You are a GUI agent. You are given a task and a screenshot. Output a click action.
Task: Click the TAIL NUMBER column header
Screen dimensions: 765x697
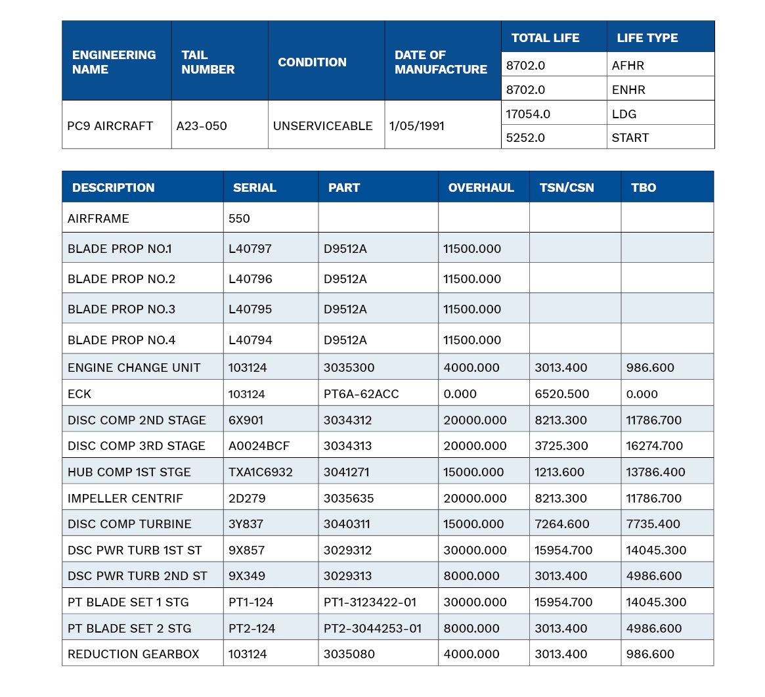pyautogui.click(x=208, y=62)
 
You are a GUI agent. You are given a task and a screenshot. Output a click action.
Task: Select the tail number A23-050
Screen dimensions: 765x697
pyautogui.click(x=202, y=126)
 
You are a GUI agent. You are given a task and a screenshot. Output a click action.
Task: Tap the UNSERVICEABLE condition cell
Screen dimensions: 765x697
pyautogui.click(x=323, y=126)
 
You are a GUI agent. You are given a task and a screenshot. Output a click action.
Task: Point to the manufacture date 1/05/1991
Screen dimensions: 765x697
pyautogui.click(x=417, y=126)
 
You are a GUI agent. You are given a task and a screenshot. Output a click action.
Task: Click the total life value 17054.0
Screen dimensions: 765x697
pyautogui.click(x=528, y=114)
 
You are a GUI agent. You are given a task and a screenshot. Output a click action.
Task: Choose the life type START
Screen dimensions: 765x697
pyautogui.click(x=630, y=138)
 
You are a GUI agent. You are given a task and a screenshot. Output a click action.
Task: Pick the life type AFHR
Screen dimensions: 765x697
pyautogui.click(x=628, y=66)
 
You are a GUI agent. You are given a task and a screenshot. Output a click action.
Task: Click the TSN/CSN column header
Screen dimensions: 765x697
pyautogui.click(x=567, y=188)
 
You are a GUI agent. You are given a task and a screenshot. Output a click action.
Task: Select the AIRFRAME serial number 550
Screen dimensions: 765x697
pyautogui.click(x=239, y=219)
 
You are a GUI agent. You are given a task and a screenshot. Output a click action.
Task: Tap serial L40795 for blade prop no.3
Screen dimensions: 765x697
pyautogui.click(x=250, y=309)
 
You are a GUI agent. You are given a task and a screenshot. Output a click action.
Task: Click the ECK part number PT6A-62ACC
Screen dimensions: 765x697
pyautogui.click(x=362, y=394)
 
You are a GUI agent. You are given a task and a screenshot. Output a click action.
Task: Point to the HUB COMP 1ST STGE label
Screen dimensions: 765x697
pyautogui.click(x=129, y=472)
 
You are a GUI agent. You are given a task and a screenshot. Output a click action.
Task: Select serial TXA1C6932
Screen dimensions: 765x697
pyautogui.click(x=261, y=472)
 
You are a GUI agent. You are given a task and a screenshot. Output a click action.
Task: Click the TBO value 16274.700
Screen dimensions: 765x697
pyautogui.click(x=654, y=445)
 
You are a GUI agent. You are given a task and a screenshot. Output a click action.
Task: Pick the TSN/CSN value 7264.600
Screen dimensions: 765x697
pyautogui.click(x=562, y=524)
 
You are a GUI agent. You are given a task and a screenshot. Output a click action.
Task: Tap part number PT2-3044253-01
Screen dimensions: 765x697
pyautogui.click(x=373, y=628)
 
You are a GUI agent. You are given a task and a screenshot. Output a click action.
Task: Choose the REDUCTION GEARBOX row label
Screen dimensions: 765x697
pyautogui.click(x=133, y=654)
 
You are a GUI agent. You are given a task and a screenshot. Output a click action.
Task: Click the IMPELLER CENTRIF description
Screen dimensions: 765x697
pyautogui.click(x=125, y=499)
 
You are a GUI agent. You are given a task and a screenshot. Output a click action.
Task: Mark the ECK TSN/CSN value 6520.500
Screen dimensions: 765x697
pyautogui.click(x=562, y=394)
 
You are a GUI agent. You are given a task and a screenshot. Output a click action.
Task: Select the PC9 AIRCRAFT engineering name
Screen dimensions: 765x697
pyautogui.click(x=110, y=126)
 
